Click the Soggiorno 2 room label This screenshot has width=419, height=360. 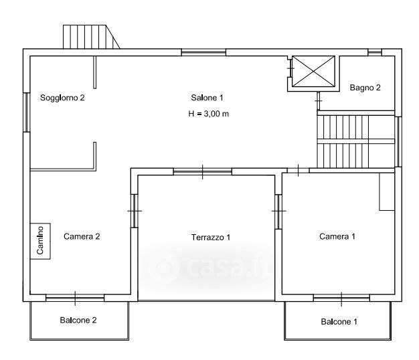pyautogui.click(x=62, y=98)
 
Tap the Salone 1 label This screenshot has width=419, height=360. pyautogui.click(x=207, y=98)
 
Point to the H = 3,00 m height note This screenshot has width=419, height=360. pyautogui.click(x=208, y=114)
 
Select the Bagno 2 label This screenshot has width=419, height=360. pyautogui.click(x=365, y=88)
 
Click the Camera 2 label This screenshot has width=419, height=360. pyautogui.click(x=82, y=236)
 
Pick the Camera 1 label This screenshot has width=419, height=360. pyautogui.click(x=337, y=236)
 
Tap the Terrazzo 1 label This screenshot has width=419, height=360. pyautogui.click(x=211, y=237)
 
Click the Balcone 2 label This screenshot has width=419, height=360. pyautogui.click(x=78, y=321)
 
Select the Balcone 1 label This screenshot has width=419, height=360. pyautogui.click(x=339, y=322)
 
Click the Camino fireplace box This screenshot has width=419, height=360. pyautogui.click(x=40, y=241)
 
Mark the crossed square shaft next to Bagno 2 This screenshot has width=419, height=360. pyautogui.click(x=313, y=72)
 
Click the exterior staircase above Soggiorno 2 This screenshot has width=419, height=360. pyautogui.click(x=91, y=37)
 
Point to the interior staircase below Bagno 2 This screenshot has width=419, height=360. pyautogui.click(x=356, y=141)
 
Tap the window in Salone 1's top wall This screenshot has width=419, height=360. pyautogui.click(x=203, y=52)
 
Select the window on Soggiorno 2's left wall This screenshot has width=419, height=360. pyautogui.click(x=27, y=112)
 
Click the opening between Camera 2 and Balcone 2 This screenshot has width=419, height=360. pyautogui.click(x=75, y=298)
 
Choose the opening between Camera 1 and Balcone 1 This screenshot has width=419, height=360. pyautogui.click(x=341, y=298)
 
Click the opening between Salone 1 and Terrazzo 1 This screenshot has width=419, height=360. pyautogui.click(x=203, y=172)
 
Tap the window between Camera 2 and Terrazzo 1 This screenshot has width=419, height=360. pyautogui.click(x=134, y=211)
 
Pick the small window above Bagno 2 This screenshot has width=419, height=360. pyautogui.click(x=375, y=52)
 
